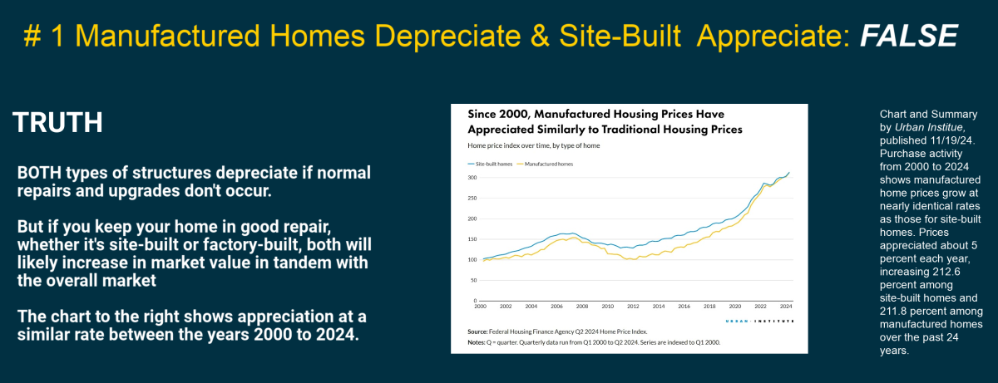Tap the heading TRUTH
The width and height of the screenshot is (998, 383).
pyautogui.click(x=57, y=123)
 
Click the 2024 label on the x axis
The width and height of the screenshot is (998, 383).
pyautogui.click(x=785, y=307)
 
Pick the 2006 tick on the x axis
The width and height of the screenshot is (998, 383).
pyautogui.click(x=556, y=307)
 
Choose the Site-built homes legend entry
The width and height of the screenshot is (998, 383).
pyautogui.click(x=492, y=164)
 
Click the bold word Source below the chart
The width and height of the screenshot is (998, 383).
pyautogui.click(x=477, y=331)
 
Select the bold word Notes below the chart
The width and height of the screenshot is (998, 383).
pyautogui.click(x=477, y=343)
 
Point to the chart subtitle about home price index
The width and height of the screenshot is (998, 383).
pyautogui.click(x=533, y=145)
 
